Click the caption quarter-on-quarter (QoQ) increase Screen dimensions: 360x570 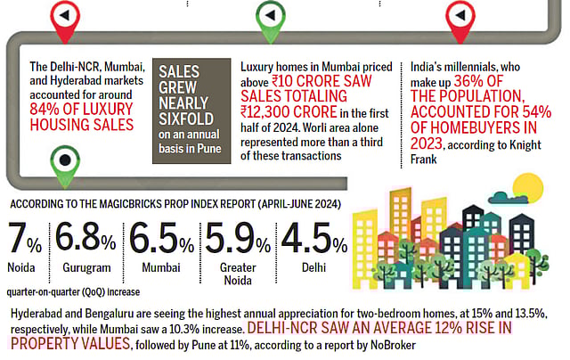(72, 290)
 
